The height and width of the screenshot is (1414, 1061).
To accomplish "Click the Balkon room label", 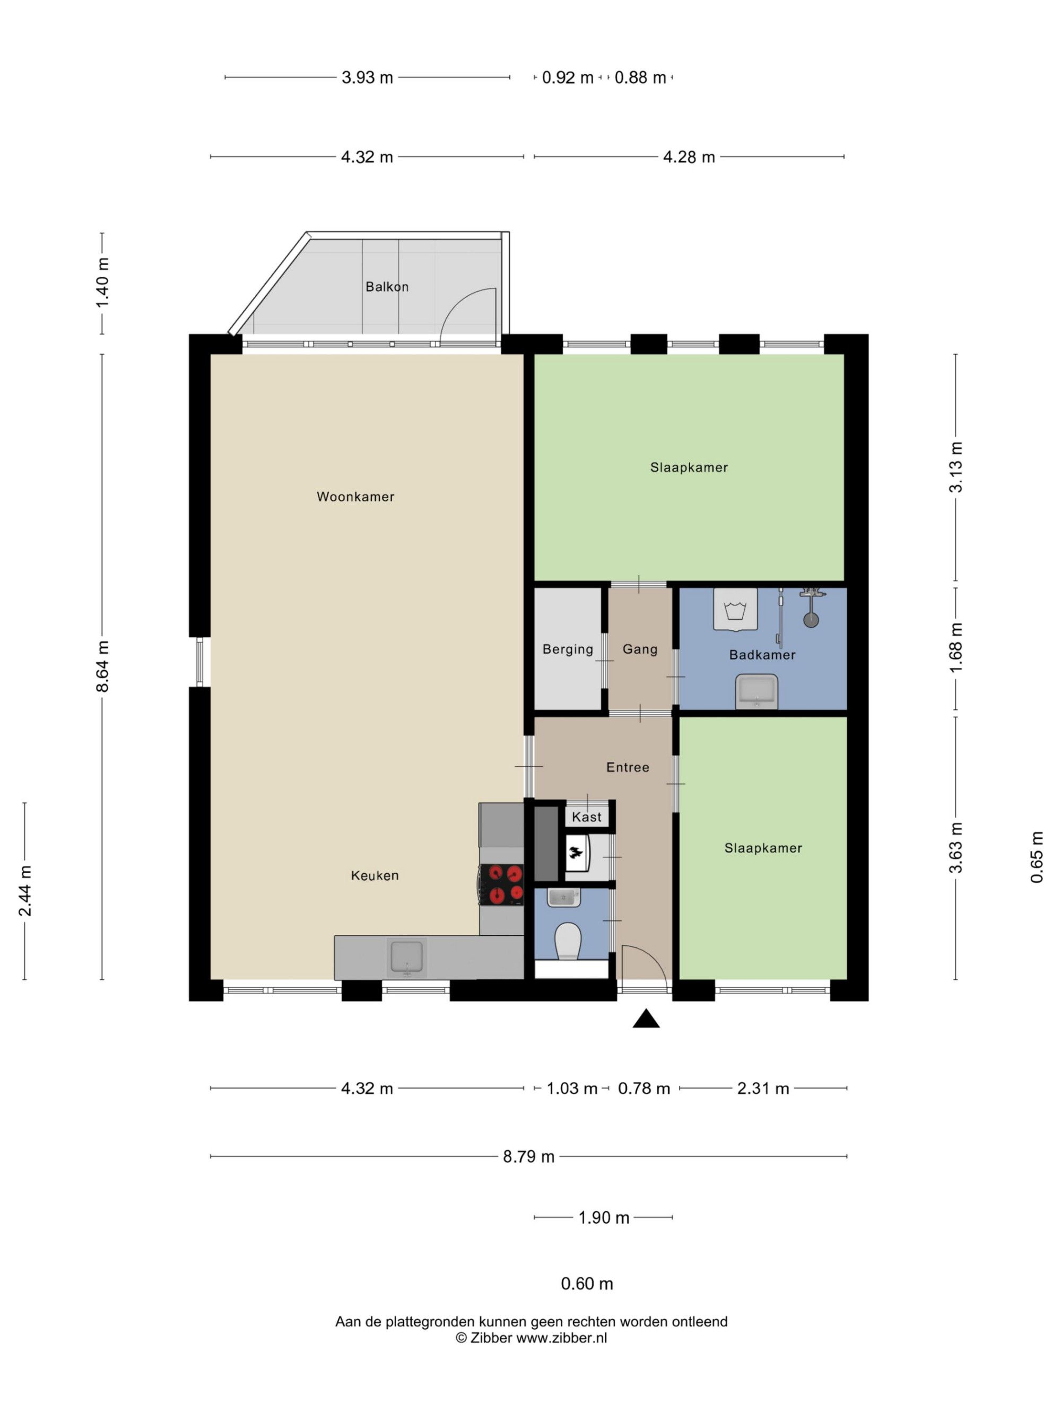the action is (x=387, y=287).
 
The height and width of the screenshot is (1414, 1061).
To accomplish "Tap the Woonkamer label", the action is (x=355, y=497).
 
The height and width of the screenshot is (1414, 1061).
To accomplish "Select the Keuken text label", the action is (x=375, y=876).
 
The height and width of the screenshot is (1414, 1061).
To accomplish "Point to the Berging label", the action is (x=568, y=649).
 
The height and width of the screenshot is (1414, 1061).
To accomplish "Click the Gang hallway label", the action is (x=640, y=649).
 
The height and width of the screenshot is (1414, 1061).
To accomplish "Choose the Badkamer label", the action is (x=762, y=655).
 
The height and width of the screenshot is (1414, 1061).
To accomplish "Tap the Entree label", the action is (x=628, y=767).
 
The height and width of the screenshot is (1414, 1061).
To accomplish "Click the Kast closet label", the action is (x=587, y=817).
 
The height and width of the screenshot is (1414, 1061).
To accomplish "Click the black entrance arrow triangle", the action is (x=646, y=1019).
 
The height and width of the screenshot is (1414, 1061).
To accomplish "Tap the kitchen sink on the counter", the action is (x=407, y=958).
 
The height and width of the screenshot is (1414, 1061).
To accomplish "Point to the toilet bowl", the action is (x=567, y=942).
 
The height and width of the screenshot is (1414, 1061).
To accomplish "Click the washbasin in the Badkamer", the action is (x=756, y=692).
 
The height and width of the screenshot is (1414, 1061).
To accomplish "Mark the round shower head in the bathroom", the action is (x=811, y=619).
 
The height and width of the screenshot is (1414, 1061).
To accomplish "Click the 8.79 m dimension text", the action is (x=529, y=1156).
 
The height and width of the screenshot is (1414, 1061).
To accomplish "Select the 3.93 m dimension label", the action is (x=367, y=77).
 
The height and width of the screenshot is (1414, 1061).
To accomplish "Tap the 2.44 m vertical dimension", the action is (x=25, y=891).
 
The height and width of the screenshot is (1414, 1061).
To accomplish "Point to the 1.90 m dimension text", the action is (x=604, y=1218).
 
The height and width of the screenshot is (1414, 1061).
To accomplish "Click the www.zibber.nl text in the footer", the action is (x=561, y=1338).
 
